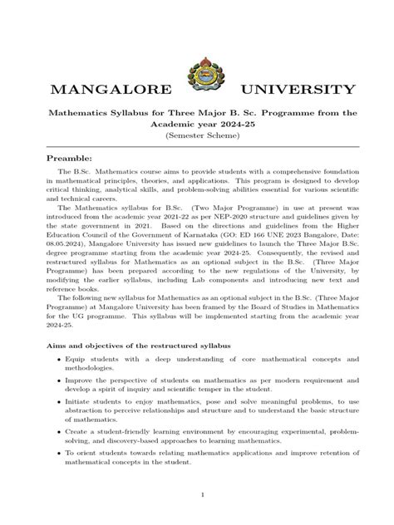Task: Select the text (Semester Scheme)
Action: (197, 135)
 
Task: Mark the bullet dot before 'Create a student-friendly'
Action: (57, 432)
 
